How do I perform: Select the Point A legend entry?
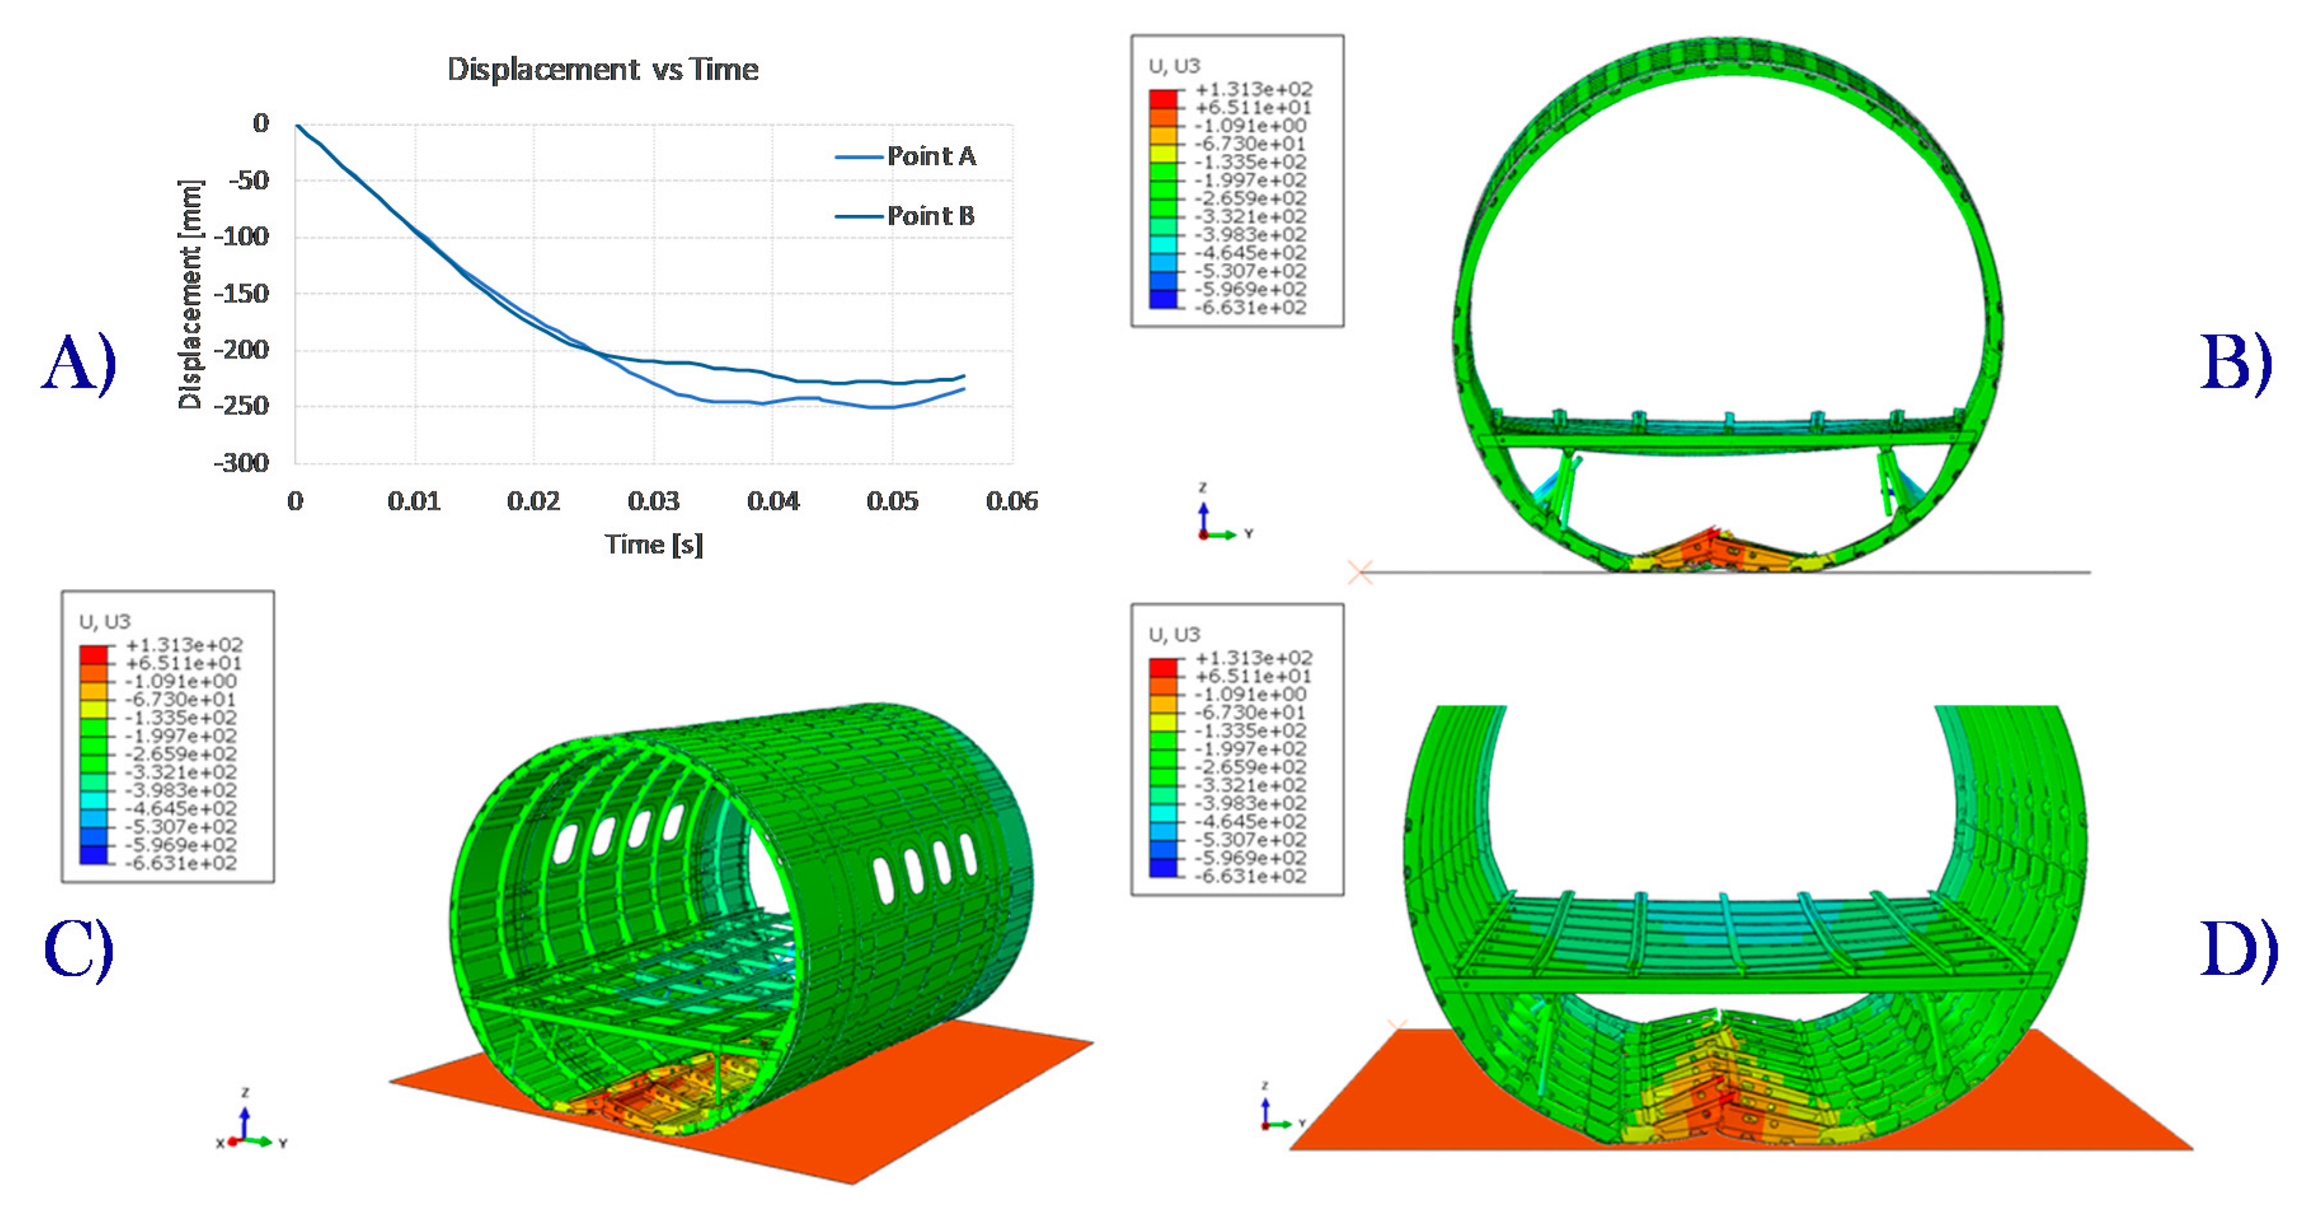(x=905, y=156)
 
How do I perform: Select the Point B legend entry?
(x=905, y=215)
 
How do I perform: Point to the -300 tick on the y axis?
(x=241, y=463)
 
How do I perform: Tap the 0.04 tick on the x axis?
(x=773, y=501)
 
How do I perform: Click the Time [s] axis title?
(x=654, y=544)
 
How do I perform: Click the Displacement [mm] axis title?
(x=191, y=294)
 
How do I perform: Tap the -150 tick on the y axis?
(x=241, y=294)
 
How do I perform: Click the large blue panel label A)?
(x=79, y=362)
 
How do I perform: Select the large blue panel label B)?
(x=2235, y=362)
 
